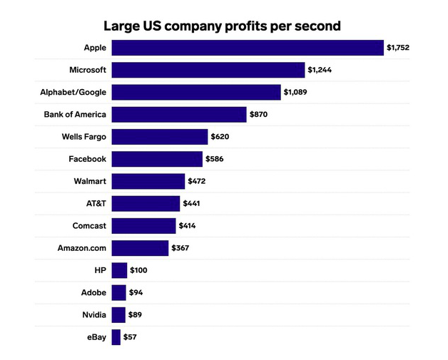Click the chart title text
(x=223, y=26)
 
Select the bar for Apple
(x=248, y=48)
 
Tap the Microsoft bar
(x=208, y=70)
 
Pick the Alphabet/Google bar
(x=196, y=92)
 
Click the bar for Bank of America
(x=178, y=114)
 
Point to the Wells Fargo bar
(x=159, y=136)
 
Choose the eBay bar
(x=116, y=336)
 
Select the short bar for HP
(x=119, y=270)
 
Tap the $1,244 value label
(x=319, y=70)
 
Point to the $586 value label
(x=214, y=159)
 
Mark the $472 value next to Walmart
(x=196, y=181)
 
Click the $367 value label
(x=180, y=248)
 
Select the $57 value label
(x=130, y=336)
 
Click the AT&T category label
(x=96, y=203)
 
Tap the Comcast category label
(x=89, y=225)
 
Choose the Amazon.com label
(x=82, y=248)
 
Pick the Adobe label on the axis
(x=93, y=292)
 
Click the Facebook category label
(x=87, y=159)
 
